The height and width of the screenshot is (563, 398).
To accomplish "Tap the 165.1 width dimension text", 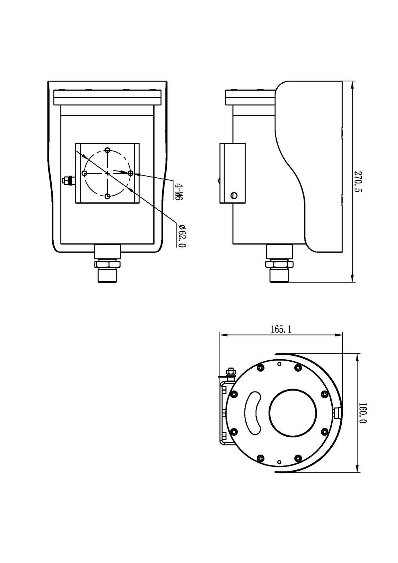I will coord(281,329).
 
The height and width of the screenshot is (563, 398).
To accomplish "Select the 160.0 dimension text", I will coord(363,413).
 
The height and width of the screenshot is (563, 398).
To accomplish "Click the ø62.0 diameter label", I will coord(182,236).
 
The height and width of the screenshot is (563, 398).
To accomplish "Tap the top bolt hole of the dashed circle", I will coord(107,150).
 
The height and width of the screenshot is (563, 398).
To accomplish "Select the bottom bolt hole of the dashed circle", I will coord(107,196).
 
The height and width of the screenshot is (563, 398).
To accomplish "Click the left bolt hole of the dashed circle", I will coord(84,173).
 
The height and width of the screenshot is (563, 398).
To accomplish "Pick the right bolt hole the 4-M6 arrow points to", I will coord(130,173).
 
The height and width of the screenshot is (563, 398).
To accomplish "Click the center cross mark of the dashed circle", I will coord(107,173).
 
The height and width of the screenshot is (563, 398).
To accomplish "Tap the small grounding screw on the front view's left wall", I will coord(67,180).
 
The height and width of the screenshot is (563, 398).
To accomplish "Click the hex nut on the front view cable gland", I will coord(107,264).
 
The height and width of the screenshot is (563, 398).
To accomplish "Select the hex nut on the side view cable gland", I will coord(279,264).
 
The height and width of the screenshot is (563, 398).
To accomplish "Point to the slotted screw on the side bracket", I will coord(234,195).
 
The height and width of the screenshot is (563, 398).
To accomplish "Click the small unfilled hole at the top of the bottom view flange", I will coord(279,364).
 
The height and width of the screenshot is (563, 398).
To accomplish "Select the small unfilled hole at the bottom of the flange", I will coord(279,462).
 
